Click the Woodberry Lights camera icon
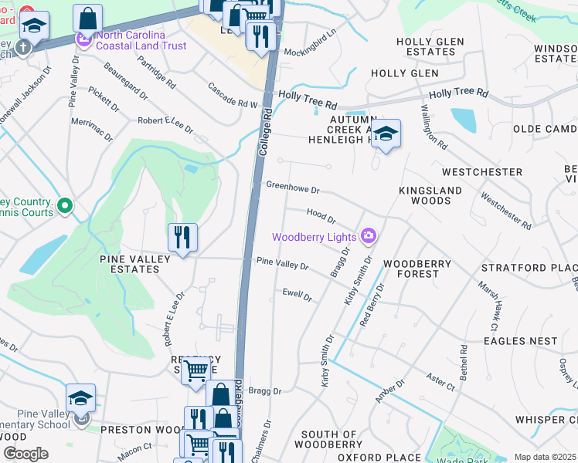pyautogui.click(x=369, y=236)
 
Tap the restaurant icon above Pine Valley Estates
pyautogui.click(x=182, y=237)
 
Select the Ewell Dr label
pyautogui.click(x=297, y=294)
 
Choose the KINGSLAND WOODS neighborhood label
pyautogui.click(x=430, y=195)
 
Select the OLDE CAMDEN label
pyautogui.click(x=545, y=128)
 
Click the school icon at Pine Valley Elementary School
pyautogui.click(x=80, y=398)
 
